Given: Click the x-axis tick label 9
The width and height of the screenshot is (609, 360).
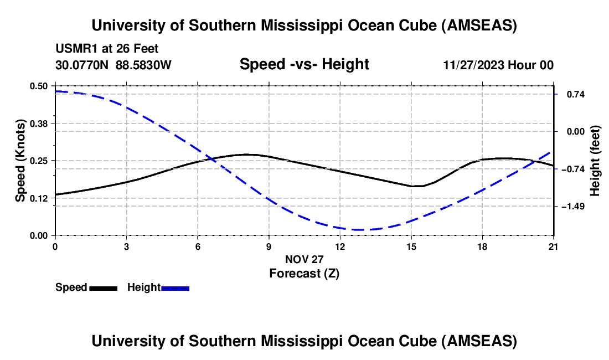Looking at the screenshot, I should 269,246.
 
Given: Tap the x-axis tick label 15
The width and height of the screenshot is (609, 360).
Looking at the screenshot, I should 411,246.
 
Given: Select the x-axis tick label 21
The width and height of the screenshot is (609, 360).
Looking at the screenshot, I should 554,246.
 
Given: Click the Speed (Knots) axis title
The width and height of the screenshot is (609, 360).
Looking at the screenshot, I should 20,161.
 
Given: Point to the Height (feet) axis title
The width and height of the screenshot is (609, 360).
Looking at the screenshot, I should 595,161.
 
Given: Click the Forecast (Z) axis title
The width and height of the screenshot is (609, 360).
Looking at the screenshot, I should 304,273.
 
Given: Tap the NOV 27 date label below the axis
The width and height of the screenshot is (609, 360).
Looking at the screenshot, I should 304,259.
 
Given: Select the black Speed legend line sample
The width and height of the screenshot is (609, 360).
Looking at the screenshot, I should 103,288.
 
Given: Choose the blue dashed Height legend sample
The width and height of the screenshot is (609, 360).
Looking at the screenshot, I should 175,288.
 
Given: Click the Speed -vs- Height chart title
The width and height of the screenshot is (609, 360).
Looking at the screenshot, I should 304,65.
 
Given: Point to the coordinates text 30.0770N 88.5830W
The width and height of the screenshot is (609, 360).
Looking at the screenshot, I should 113,65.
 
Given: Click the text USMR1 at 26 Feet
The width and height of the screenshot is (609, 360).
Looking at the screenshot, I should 107,49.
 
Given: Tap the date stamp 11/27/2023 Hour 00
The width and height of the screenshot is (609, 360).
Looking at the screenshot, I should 498,65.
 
